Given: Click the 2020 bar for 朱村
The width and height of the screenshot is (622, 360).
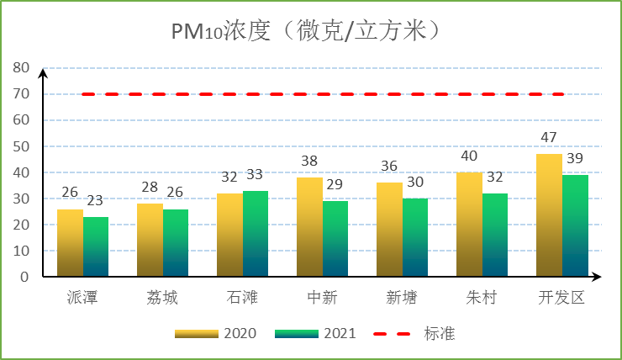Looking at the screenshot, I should [x=469, y=225].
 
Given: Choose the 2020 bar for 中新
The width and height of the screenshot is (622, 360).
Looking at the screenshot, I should [x=309, y=227].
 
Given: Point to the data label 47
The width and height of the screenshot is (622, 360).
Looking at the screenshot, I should [x=549, y=138].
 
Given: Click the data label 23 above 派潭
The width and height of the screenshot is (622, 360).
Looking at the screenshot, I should [x=95, y=201].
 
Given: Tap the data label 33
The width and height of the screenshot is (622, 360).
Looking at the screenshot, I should [x=254, y=175].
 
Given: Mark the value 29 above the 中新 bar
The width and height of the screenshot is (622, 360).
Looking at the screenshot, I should [x=335, y=185].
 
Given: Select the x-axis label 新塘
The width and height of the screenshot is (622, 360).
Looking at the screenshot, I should [x=402, y=299].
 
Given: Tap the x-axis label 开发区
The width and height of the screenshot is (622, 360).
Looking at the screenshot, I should [x=561, y=299].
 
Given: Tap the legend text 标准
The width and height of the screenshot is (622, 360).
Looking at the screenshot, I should [x=439, y=334].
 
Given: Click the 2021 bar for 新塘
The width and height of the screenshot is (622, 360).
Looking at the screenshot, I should [x=415, y=237].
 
